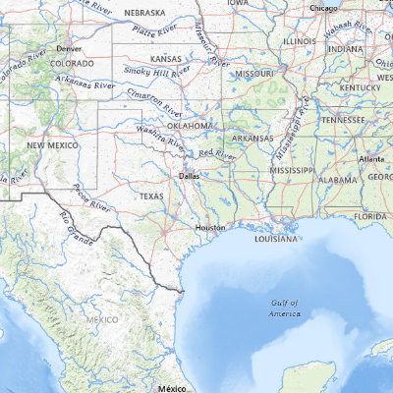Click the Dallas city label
pos(189,177)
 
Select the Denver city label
pos(68,48)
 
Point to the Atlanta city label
pos(371,158)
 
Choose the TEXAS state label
pos(151,196)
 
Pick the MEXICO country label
pos(101,319)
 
